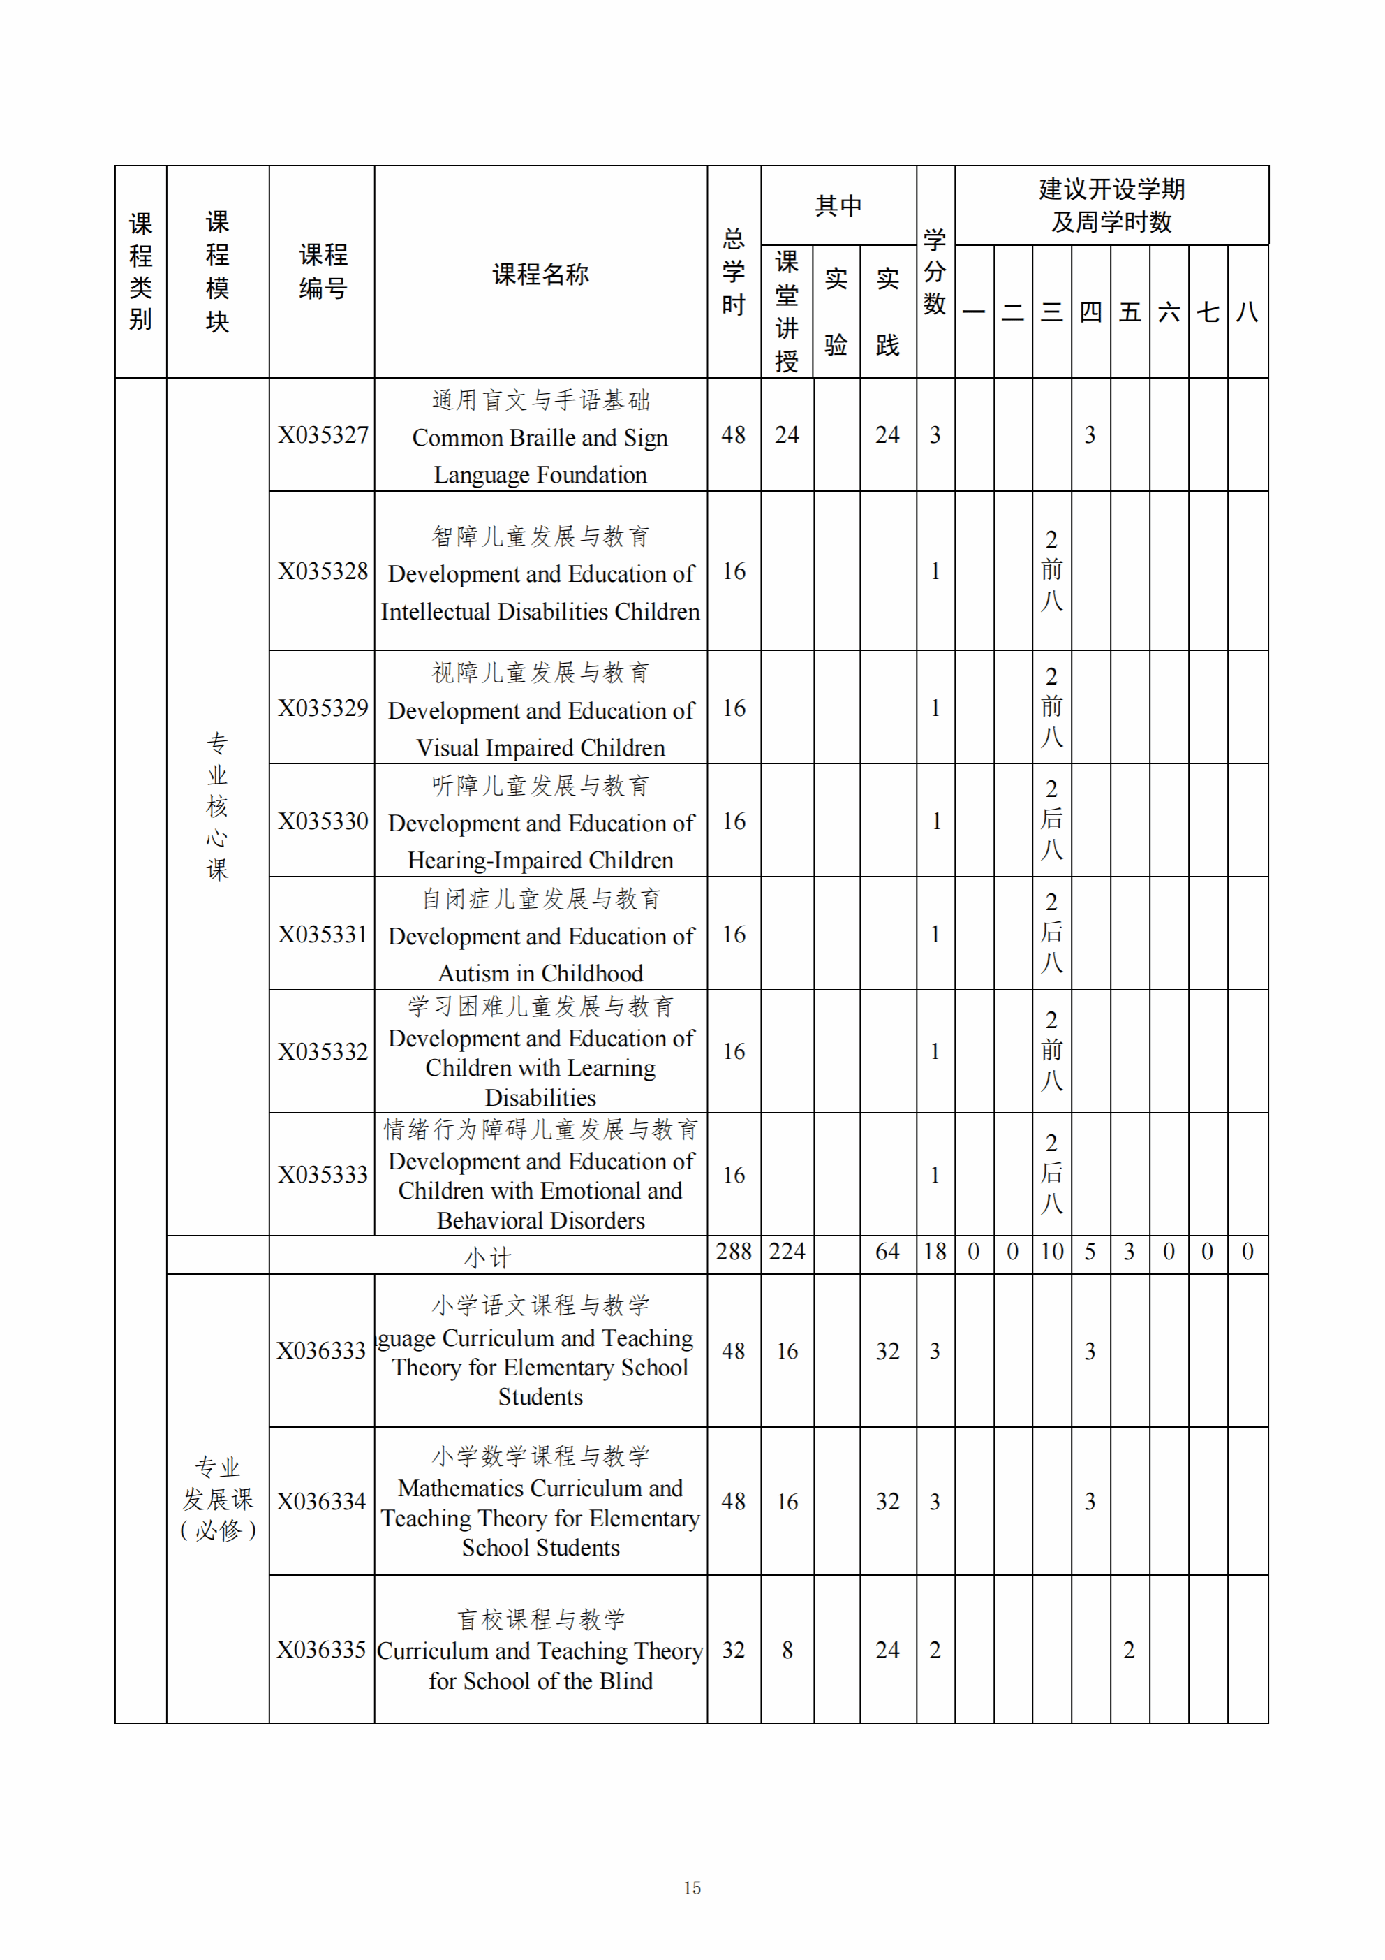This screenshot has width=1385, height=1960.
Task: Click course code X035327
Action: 323,434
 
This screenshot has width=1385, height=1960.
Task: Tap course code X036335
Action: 321,1649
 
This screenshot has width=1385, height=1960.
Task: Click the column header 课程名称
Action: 540,274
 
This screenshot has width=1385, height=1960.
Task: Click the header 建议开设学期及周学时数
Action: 1111,205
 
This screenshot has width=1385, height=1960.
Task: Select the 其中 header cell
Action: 838,205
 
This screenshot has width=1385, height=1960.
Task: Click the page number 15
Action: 692,1887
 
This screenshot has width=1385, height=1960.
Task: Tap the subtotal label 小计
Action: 488,1257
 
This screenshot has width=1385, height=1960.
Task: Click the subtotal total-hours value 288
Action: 733,1252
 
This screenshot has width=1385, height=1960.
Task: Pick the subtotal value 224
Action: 787,1252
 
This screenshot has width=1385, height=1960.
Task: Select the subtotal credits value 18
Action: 935,1252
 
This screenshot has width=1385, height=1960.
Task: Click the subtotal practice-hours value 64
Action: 887,1252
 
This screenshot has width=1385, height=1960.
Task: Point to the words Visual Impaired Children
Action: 540,748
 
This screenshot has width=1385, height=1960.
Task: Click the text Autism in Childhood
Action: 540,973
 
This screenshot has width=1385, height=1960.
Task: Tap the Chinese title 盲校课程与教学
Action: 540,1618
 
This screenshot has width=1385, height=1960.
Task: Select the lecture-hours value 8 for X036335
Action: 787,1650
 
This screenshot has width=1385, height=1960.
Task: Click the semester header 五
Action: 1130,312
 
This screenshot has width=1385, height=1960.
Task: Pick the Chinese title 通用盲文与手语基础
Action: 540,400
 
